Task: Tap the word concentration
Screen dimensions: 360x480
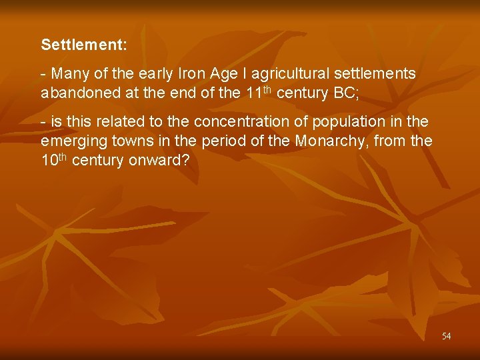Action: (236, 121)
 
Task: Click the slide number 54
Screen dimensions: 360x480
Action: (446, 336)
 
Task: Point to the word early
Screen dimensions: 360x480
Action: (151, 74)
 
